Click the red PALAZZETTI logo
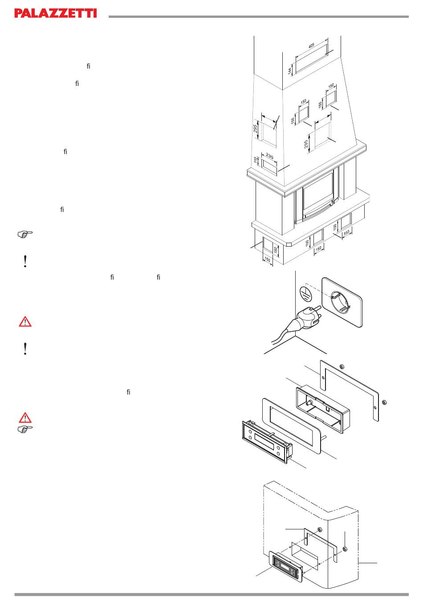[x=56, y=13]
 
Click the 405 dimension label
[x=311, y=45]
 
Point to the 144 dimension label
[x=290, y=70]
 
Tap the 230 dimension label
[x=269, y=156]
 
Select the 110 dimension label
[x=256, y=160]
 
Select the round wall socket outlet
[x=341, y=302]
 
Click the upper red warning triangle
[x=25, y=321]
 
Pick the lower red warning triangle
[x=25, y=418]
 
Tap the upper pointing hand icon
[x=25, y=234]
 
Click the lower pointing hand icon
[x=25, y=429]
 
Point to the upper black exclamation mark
[x=25, y=261]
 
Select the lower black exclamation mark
[x=25, y=349]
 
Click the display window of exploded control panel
[x=264, y=441]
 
